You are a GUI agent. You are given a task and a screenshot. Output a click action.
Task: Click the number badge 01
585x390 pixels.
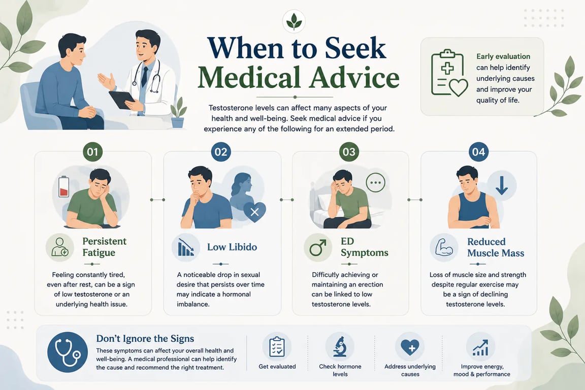pos(92,152)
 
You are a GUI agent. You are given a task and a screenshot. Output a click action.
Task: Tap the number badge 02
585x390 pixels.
pos(221,152)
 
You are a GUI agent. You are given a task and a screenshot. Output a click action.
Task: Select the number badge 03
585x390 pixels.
pos(349,152)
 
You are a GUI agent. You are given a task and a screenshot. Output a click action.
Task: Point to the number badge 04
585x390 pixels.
pos(479,152)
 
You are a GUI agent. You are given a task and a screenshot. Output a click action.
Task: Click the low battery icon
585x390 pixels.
pos(64,186)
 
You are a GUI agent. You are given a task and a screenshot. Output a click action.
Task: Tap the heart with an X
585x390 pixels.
pos(254,212)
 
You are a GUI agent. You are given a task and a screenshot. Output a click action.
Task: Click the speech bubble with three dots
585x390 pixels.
pos(375,183)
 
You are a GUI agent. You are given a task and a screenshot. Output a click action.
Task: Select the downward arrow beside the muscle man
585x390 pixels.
pos(501,185)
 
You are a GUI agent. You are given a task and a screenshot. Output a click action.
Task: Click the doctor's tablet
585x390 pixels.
pos(122,100)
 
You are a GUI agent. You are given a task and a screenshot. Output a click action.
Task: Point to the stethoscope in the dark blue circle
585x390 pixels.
pos(68,352)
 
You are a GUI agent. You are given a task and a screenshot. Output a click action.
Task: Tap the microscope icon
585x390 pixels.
pos(340,347)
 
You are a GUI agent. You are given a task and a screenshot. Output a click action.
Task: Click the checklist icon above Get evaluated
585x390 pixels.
pos(277,347)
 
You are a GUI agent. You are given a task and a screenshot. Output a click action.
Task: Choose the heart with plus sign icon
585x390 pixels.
pos(410,347)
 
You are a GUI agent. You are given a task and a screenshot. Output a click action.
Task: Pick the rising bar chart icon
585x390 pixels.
pos(480,347)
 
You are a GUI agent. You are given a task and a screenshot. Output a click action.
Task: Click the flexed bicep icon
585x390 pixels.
pos(444,247)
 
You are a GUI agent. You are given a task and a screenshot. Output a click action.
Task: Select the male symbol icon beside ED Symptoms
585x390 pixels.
pos(318,247)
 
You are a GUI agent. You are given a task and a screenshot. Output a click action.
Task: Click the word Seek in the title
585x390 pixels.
pos(355,48)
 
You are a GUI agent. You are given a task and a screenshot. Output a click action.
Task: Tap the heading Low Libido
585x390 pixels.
pos(232,247)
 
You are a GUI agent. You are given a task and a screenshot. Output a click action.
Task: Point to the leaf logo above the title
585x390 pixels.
pos(294,21)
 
